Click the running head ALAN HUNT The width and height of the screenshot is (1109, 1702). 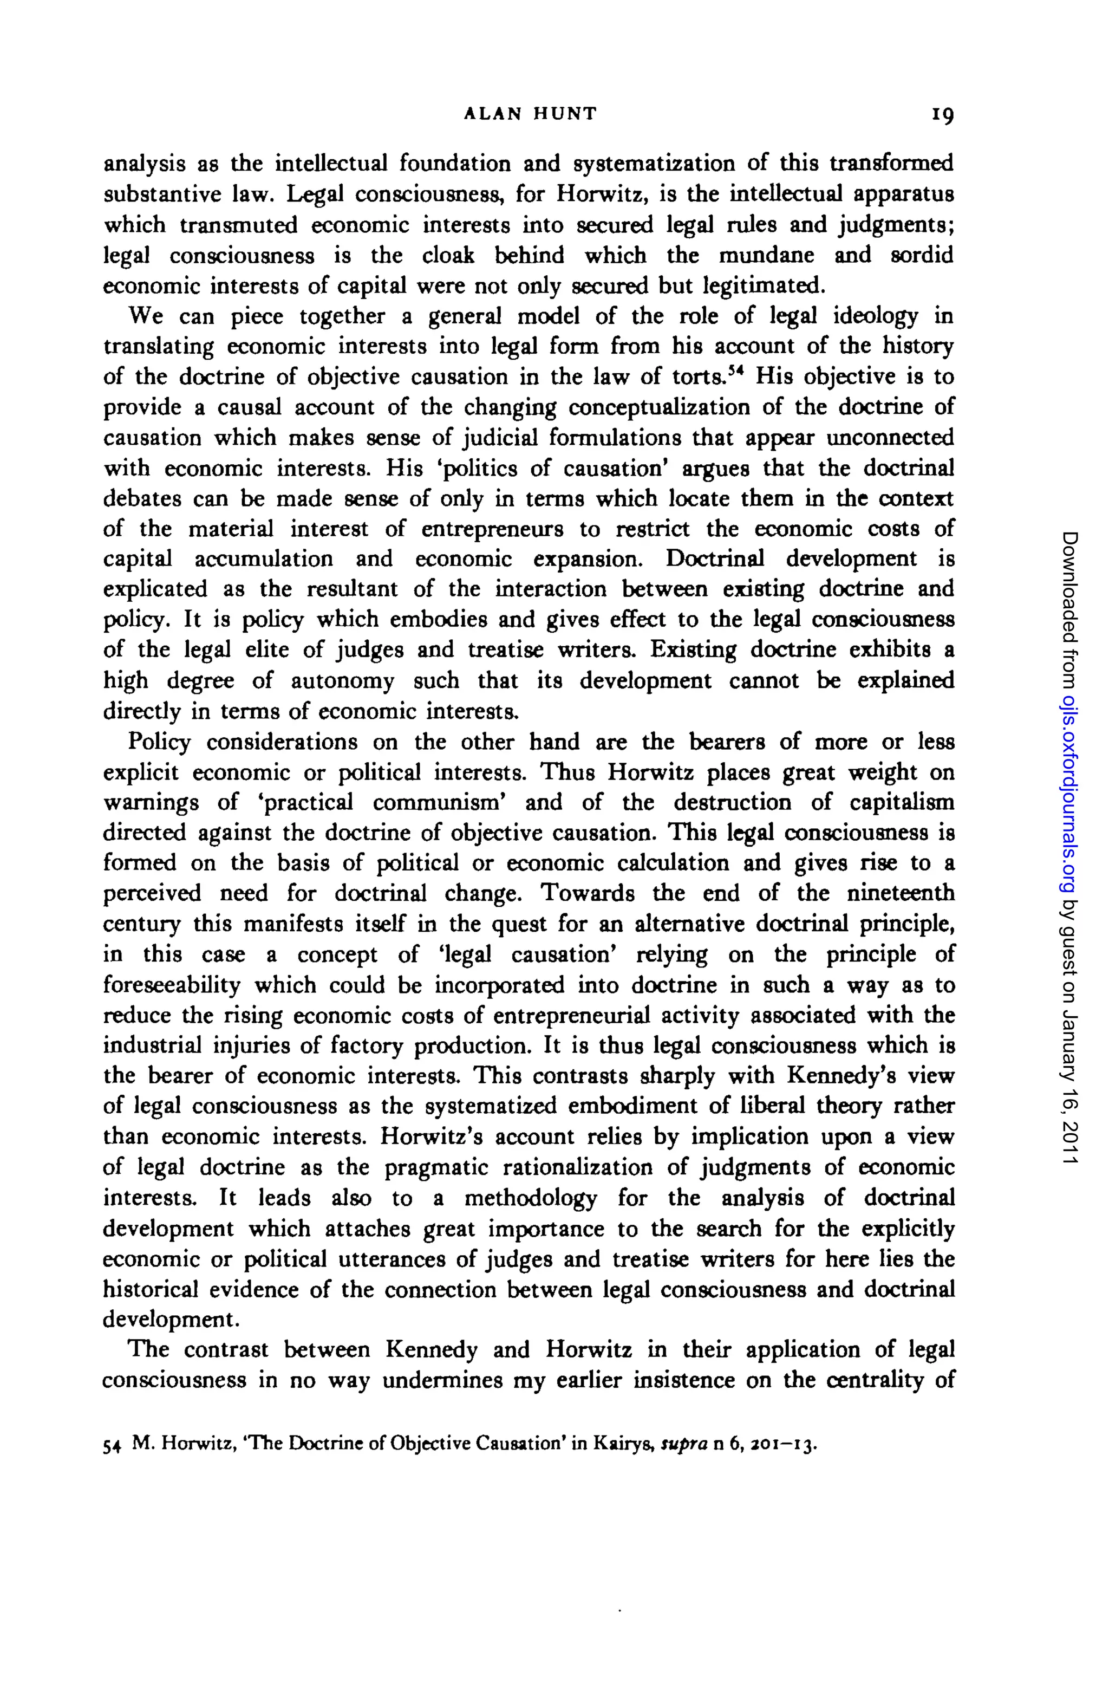pos(530,113)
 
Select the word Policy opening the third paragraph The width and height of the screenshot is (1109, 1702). pos(159,742)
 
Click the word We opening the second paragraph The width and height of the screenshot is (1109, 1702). pos(145,316)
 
